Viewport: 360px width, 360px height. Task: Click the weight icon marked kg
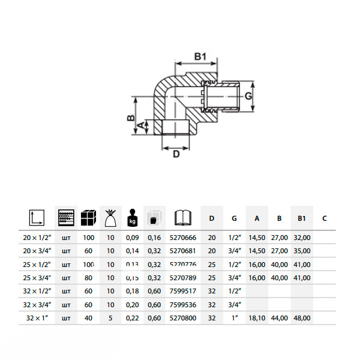pos(133,217)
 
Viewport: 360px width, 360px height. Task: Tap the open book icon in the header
pos(182,217)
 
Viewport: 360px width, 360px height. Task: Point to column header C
pos(324,218)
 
